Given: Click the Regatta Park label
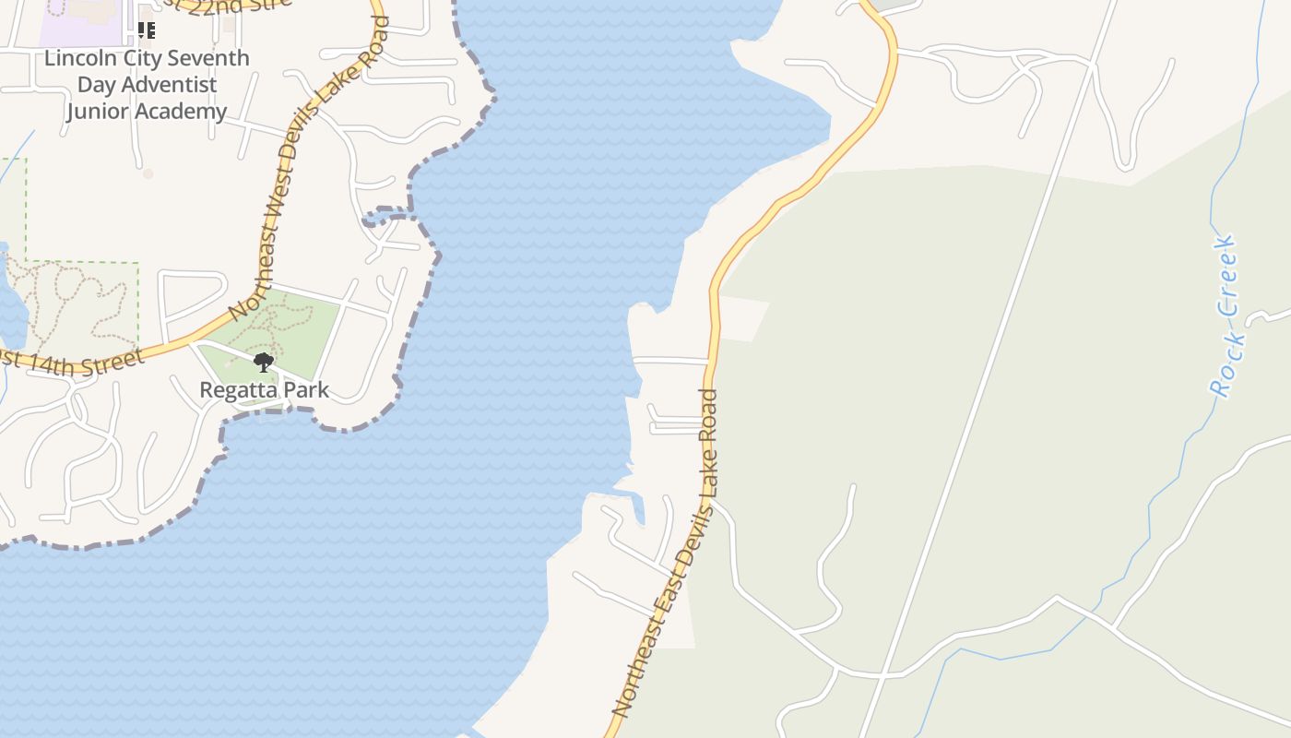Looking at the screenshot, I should tap(264, 389).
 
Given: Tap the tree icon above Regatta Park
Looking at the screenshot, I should tap(264, 362).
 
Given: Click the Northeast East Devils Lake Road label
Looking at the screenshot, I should tap(666, 553).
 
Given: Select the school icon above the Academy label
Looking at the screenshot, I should tap(146, 30).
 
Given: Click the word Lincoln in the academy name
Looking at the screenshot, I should tap(78, 58).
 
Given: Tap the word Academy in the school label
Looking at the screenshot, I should tap(181, 112).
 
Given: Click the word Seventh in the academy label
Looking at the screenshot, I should tap(212, 58).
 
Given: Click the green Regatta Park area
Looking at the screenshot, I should tap(304, 323).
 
